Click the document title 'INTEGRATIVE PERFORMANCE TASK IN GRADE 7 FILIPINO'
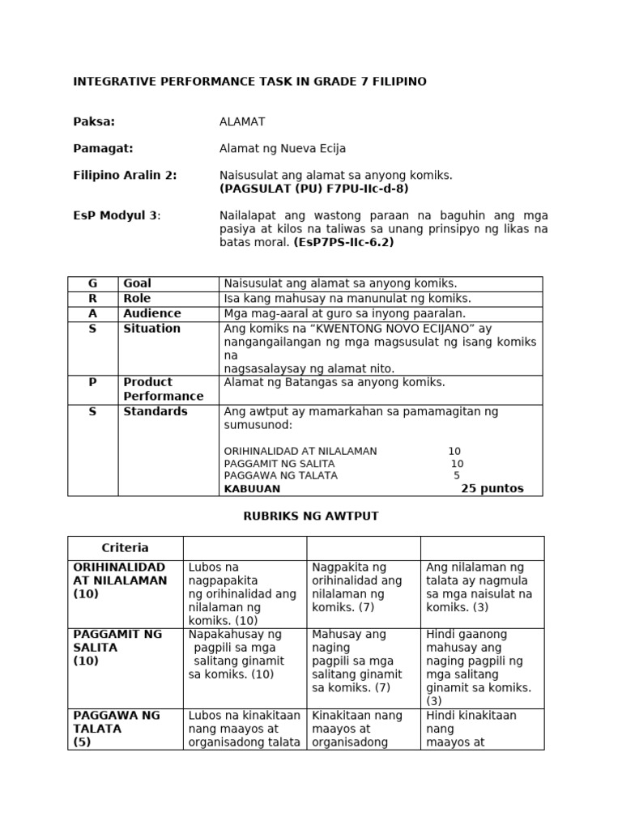[x=249, y=82]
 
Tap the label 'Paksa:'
[x=94, y=122]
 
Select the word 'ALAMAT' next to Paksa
[x=242, y=122]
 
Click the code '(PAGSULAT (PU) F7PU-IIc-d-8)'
[x=314, y=189]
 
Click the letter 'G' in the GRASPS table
[x=92, y=283]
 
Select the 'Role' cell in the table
[x=137, y=299]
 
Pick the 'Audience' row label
[x=152, y=313]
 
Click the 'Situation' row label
[x=151, y=329]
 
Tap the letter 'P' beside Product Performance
[x=92, y=382]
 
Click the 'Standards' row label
[x=155, y=411]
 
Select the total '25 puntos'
[x=492, y=488]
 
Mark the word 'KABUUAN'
[x=252, y=489]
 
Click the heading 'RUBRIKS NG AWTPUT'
[x=311, y=516]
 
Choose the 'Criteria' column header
[x=125, y=548]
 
